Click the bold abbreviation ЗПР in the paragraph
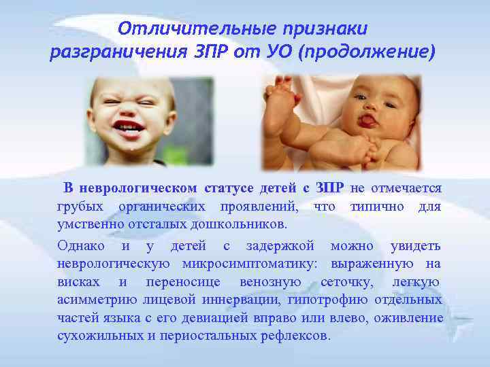[x=329, y=188]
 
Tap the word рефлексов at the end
[x=297, y=336]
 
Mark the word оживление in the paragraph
[x=410, y=318]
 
